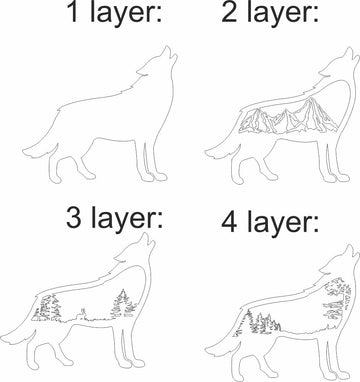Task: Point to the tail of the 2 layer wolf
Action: coord(212,149)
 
